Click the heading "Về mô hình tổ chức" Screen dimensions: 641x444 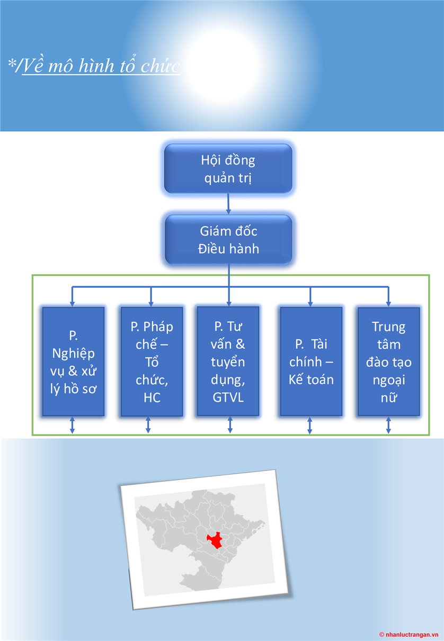(101, 66)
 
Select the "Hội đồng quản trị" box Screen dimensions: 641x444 (228, 168)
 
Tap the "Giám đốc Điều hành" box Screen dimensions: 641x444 (228, 239)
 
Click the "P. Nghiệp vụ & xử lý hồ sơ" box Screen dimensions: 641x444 (73, 362)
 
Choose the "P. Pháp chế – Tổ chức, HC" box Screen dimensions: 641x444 (152, 362)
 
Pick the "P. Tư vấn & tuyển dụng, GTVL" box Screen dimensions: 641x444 (228, 362)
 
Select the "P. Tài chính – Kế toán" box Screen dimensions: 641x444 (311, 362)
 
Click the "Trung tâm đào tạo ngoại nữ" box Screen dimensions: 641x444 (389, 362)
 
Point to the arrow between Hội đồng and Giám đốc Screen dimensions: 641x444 (228, 203)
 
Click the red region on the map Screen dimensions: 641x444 (215, 540)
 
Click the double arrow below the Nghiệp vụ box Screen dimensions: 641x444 (73, 426)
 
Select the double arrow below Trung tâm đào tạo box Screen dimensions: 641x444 (388, 426)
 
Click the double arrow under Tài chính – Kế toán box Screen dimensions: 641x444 (310, 426)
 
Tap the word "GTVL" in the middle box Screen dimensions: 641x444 (228, 398)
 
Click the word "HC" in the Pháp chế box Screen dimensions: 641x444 (152, 398)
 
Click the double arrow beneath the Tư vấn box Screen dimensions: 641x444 (230, 426)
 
